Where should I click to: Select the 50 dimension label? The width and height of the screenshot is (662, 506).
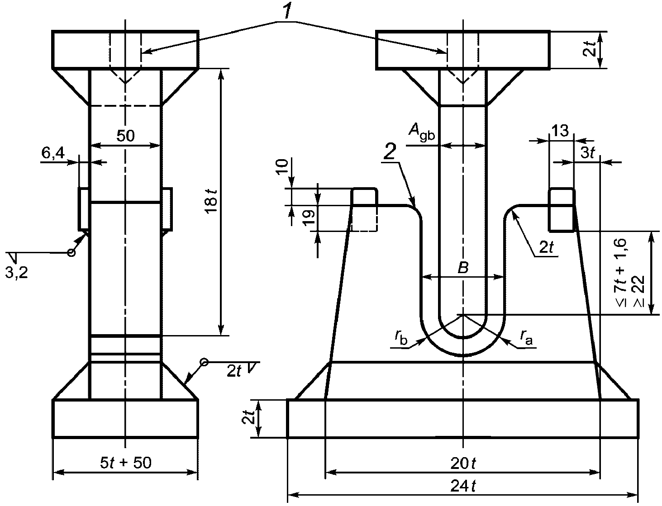(x=125, y=136)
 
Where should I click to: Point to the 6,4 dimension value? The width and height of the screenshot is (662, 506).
(x=53, y=153)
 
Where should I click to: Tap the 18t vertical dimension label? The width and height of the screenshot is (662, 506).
(x=212, y=201)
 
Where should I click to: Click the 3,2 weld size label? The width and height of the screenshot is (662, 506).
(x=16, y=273)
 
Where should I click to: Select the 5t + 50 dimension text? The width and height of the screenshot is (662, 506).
(x=125, y=463)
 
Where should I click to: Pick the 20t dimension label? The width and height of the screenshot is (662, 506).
(x=463, y=463)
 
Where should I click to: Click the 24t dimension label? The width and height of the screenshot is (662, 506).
(x=463, y=486)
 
